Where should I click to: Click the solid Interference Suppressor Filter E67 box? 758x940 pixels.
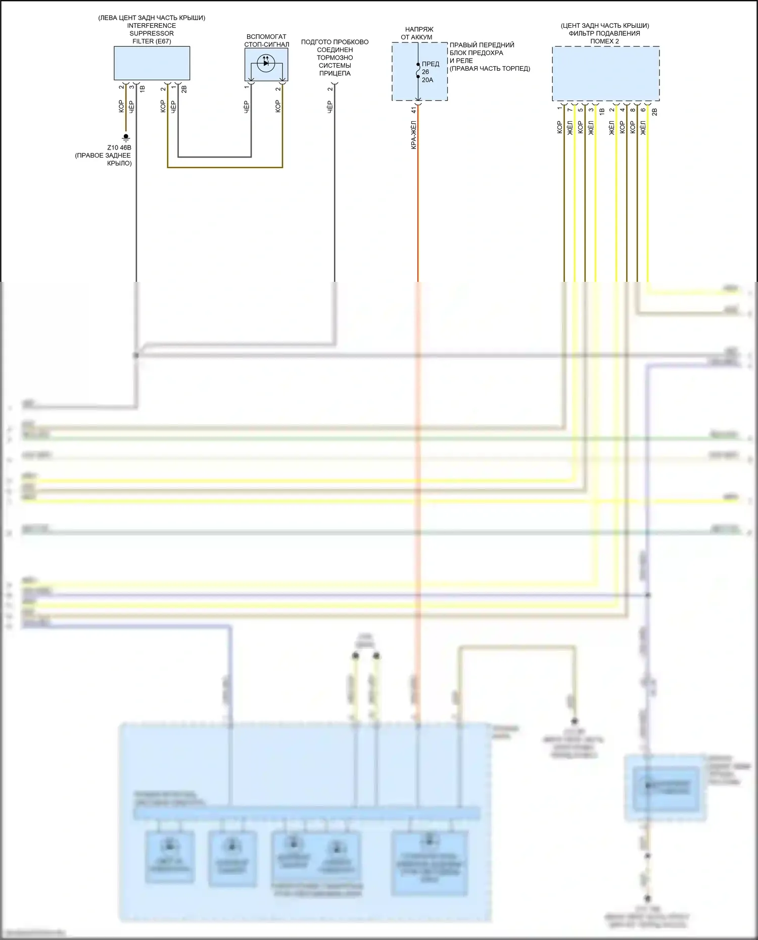(152, 63)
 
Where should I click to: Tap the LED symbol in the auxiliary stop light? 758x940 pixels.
(266, 63)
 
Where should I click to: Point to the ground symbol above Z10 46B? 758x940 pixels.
(126, 137)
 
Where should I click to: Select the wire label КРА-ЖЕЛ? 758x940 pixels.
(413, 135)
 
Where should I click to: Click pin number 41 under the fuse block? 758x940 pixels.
(413, 110)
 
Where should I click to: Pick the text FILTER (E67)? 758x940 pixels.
(152, 41)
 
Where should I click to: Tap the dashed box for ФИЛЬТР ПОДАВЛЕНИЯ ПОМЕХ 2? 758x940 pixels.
(605, 74)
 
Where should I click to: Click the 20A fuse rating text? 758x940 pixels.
(428, 80)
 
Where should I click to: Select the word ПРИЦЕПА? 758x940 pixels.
(335, 73)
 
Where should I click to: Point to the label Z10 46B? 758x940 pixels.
(119, 147)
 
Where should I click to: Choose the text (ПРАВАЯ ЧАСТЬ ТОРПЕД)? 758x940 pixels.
(490, 69)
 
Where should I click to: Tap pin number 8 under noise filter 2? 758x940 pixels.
(633, 110)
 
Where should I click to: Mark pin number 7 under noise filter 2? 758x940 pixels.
(570, 110)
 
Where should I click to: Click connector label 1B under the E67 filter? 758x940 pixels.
(143, 89)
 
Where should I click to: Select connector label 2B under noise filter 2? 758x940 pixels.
(655, 112)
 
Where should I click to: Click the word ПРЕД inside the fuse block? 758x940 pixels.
(431, 64)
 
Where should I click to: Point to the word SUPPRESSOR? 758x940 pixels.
(152, 33)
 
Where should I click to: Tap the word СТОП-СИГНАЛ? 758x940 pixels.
(266, 44)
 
